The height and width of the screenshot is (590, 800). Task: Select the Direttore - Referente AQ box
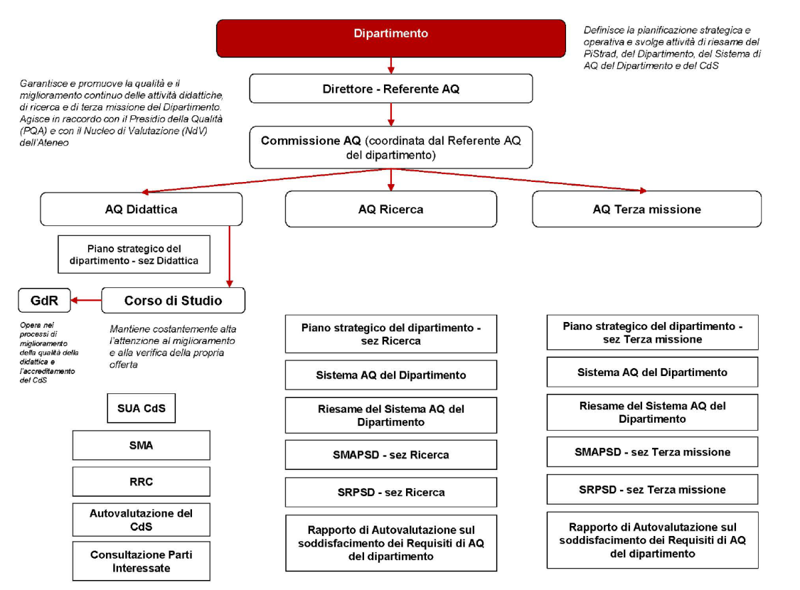point(391,88)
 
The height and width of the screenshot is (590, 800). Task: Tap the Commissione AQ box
point(391,147)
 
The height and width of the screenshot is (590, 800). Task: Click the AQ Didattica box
point(141,209)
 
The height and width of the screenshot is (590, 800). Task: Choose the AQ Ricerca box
point(391,209)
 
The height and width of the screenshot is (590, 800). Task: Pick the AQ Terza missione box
point(647,209)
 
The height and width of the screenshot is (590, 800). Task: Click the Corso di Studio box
point(173,301)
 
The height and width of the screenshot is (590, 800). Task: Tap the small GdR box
point(44,301)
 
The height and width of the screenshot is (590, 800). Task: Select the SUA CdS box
point(141,409)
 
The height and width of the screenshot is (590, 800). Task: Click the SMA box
point(141,445)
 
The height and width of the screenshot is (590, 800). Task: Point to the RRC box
point(141,481)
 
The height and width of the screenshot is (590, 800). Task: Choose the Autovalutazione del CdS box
point(141,520)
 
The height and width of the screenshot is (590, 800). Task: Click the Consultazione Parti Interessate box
point(141,561)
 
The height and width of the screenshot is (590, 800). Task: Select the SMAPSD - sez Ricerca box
point(391,455)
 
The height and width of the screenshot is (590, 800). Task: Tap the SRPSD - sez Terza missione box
point(652,489)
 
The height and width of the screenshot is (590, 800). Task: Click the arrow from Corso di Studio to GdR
point(86,301)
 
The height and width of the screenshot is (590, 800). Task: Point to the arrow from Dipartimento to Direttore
point(391,65)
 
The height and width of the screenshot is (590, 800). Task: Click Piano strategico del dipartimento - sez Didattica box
point(134,254)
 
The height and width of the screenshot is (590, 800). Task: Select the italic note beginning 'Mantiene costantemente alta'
point(172,347)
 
